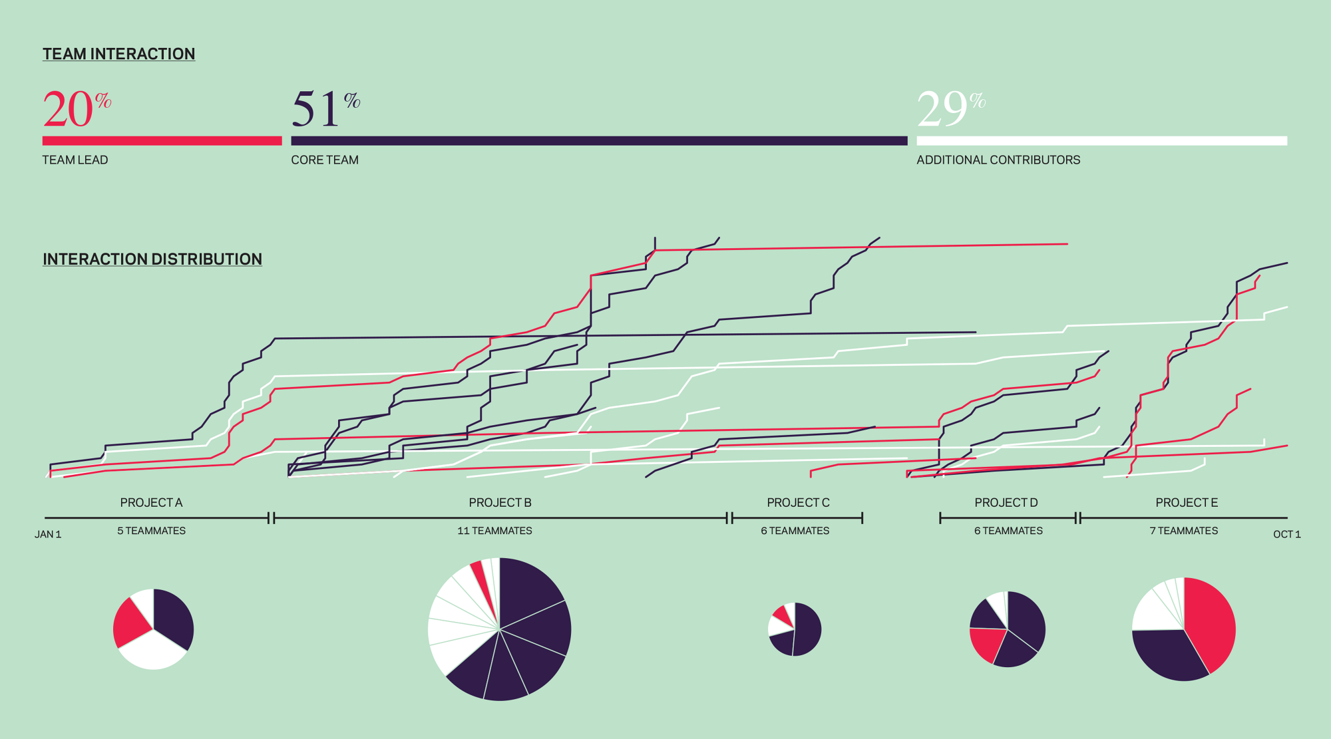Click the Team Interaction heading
[x=118, y=54]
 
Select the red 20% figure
[x=69, y=109]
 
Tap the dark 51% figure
[x=317, y=109]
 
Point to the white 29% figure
[x=943, y=109]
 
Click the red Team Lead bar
[x=162, y=141]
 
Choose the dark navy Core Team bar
[x=599, y=141]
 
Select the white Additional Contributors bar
[x=1101, y=141]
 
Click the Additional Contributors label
[x=998, y=160]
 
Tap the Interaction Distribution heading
[x=152, y=259]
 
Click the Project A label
[x=151, y=503]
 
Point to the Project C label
[x=798, y=503]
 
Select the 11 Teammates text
[x=494, y=531]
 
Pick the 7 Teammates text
[x=1184, y=531]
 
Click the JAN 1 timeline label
[x=48, y=534]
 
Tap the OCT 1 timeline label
[x=1286, y=534]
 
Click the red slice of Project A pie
[x=131, y=624]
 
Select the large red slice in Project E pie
[x=1210, y=622]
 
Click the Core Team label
[x=325, y=160]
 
